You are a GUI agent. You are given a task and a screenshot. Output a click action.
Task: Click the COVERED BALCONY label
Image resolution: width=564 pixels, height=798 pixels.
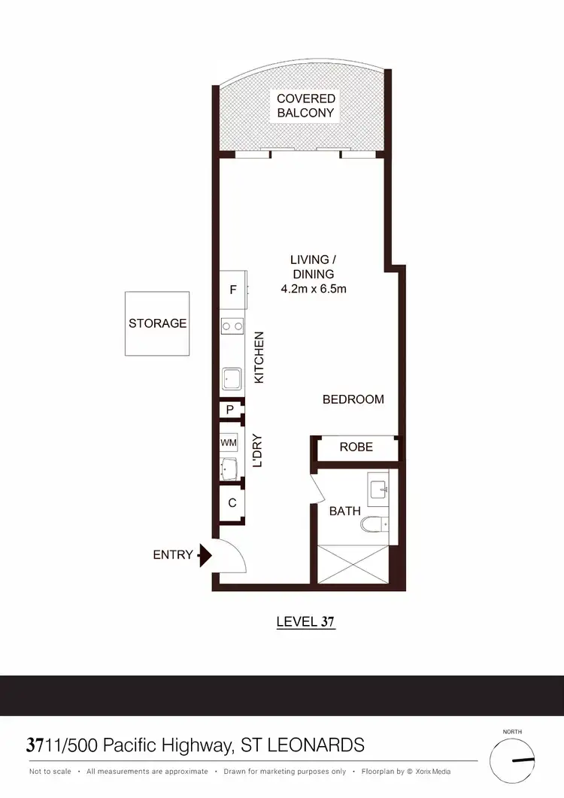pos(306,106)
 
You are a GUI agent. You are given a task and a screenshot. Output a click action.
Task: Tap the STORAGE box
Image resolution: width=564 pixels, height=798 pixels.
pos(157,323)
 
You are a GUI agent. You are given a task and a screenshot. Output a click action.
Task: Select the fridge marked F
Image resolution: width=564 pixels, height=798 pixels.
pos(233,290)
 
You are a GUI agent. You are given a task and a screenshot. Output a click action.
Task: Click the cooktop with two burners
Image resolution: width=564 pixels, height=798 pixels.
pos(232,326)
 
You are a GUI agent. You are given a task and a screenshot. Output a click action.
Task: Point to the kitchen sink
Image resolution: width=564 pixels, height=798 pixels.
pos(232,378)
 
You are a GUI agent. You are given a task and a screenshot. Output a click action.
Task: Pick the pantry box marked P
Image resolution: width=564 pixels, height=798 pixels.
pos(230,410)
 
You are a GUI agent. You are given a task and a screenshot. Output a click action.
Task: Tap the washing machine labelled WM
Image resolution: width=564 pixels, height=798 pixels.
pos(229,443)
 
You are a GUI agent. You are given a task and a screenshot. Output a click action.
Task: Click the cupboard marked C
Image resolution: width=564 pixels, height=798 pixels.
pos(232,502)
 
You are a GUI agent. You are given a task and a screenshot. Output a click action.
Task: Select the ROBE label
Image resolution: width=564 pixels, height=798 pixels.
pos(356,447)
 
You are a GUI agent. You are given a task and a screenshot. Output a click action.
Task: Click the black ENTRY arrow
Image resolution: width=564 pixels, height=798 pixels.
pos(203,556)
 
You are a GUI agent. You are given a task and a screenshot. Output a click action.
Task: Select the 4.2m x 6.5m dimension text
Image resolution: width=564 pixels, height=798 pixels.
pos(313,289)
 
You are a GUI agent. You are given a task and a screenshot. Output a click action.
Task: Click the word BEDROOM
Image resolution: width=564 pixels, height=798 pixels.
pos(353,399)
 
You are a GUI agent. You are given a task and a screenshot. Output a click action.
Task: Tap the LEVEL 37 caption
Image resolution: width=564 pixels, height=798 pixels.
pos(305,622)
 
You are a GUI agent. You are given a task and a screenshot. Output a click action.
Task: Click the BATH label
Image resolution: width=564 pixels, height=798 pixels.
pos(345,511)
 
